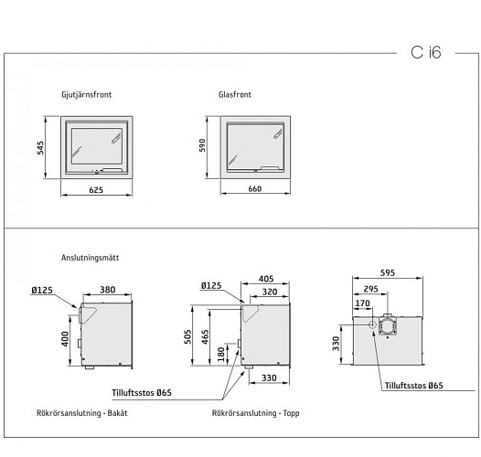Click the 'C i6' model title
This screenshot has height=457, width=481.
tap(425, 52)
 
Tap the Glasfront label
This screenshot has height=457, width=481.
tap(236, 94)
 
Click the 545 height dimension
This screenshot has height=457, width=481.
tap(41, 148)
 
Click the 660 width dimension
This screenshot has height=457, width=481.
tap(255, 190)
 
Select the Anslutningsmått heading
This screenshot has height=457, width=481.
tap(90, 258)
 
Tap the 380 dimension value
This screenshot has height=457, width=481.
tap(107, 290)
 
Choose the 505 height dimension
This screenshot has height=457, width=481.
tap(188, 335)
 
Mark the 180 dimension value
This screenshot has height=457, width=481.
tap(222, 354)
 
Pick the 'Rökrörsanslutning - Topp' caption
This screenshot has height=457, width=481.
tap(255, 413)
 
